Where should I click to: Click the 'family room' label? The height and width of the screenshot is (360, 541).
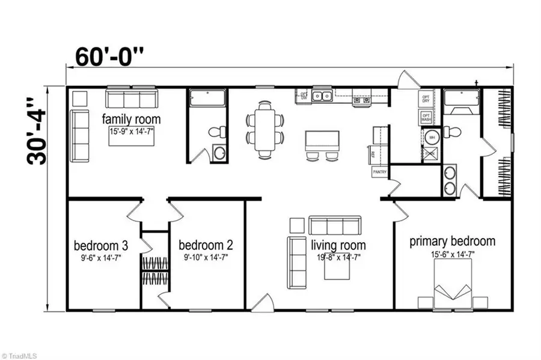pos(131,117)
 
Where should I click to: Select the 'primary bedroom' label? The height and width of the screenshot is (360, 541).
pos(453,242)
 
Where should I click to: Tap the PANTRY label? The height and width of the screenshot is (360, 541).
pos(381,172)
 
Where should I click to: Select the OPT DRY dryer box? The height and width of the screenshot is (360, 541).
pos(426,99)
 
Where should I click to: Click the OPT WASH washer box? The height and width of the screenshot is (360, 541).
pos(426,118)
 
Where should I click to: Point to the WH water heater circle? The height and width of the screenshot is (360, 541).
pos(431,138)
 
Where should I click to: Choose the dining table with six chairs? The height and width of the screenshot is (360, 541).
pos(264,129)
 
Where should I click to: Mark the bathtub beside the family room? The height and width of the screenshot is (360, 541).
pos(207,98)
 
